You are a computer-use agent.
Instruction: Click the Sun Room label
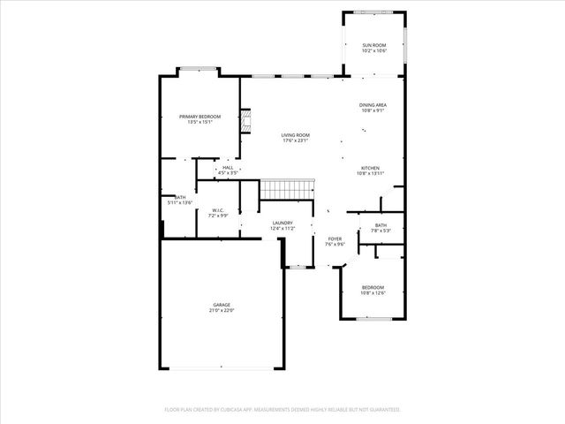click(374, 45)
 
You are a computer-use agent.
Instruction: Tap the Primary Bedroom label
click(200, 117)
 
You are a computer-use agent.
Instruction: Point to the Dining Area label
click(373, 104)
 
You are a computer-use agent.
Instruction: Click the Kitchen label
click(370, 168)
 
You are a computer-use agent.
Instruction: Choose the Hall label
click(228, 167)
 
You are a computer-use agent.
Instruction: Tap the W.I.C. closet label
click(217, 210)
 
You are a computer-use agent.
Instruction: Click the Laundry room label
click(282, 223)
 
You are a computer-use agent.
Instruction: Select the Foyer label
click(335, 238)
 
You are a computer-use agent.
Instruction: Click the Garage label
click(221, 305)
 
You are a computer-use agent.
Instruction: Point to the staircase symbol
click(287, 189)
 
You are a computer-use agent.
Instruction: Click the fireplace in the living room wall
click(247, 122)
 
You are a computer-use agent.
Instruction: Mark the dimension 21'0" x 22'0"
click(221, 311)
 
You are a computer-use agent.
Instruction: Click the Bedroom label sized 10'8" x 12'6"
click(373, 288)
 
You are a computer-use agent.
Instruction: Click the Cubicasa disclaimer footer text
click(282, 410)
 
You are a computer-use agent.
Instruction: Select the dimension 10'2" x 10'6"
click(374, 50)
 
